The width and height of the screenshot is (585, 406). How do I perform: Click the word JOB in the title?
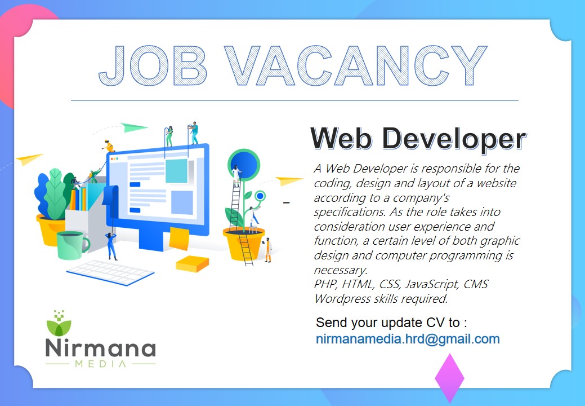tap(153, 66)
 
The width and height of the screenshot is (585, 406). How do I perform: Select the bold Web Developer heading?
tap(418, 139)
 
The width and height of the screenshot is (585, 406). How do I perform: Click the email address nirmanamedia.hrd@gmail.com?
tap(408, 339)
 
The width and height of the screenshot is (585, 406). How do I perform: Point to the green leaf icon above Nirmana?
tap(59, 324)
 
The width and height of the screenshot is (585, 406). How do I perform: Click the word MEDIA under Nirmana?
tap(101, 363)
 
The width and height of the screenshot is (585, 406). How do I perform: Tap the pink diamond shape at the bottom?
tap(449, 378)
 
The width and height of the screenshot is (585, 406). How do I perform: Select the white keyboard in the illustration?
tap(110, 272)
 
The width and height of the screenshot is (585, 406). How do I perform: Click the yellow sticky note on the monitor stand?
tap(180, 239)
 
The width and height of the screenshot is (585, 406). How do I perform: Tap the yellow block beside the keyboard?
tap(192, 263)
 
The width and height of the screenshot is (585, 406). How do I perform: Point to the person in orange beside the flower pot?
tap(268, 249)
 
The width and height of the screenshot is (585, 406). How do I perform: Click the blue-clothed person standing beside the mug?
tap(111, 246)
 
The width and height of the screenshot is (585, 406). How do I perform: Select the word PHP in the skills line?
tap(326, 284)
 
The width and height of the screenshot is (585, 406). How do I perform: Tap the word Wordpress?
tap(342, 299)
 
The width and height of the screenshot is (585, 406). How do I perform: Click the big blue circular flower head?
tap(244, 164)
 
